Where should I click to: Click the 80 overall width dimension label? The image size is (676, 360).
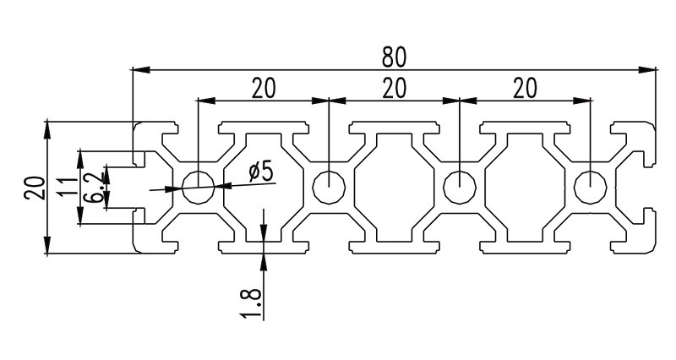(394, 57)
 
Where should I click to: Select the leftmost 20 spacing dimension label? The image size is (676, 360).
(263, 89)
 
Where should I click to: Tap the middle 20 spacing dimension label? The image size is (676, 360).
(395, 89)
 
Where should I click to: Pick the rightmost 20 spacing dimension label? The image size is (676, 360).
(525, 89)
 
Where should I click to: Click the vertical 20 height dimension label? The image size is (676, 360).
(35, 188)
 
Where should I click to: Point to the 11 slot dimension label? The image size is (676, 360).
(68, 186)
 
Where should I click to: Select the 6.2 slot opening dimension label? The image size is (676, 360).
(94, 187)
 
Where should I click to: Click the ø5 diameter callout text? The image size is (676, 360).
(261, 172)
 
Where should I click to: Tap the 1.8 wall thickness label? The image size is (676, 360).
(251, 304)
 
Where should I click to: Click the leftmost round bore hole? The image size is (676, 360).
(199, 187)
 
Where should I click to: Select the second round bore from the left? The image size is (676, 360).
(329, 187)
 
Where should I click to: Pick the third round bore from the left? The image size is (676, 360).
(460, 187)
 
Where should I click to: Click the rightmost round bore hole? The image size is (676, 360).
(591, 187)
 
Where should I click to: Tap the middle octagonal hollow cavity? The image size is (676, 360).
(395, 188)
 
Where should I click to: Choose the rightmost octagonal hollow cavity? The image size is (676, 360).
(525, 188)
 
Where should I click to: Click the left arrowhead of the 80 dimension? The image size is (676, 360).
(140, 69)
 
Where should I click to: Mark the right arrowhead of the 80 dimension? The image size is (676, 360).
(647, 69)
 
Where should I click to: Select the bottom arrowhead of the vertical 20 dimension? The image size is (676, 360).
(47, 244)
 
